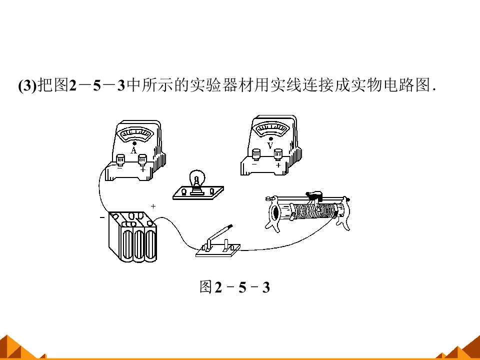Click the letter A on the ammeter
click(133, 150)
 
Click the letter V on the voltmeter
click(270, 145)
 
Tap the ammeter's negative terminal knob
click(120, 159)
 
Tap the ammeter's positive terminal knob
click(142, 159)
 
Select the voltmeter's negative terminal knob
click(256, 154)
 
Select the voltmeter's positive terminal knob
click(278, 154)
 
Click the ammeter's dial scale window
click(136, 134)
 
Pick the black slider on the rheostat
click(314, 194)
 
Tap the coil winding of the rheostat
click(312, 210)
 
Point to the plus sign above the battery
click(153, 206)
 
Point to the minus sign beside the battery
click(102, 217)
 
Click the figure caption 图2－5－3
click(235, 287)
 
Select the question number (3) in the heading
click(27, 85)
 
